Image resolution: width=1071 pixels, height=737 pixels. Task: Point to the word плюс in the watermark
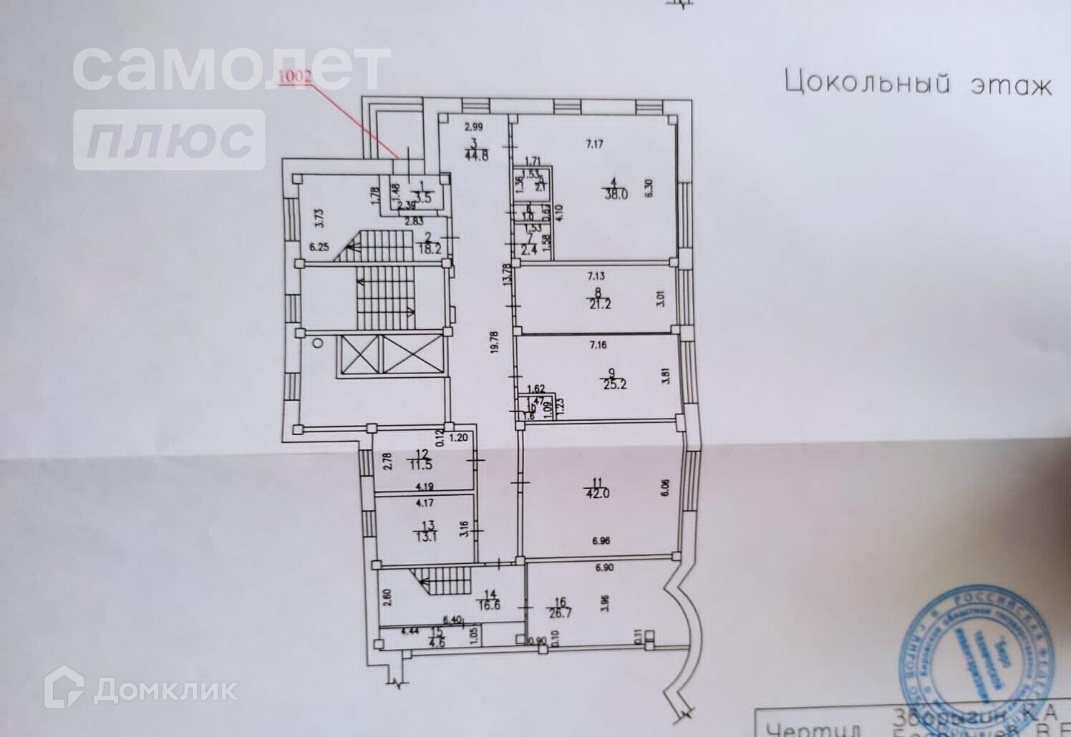pyautogui.click(x=170, y=140)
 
